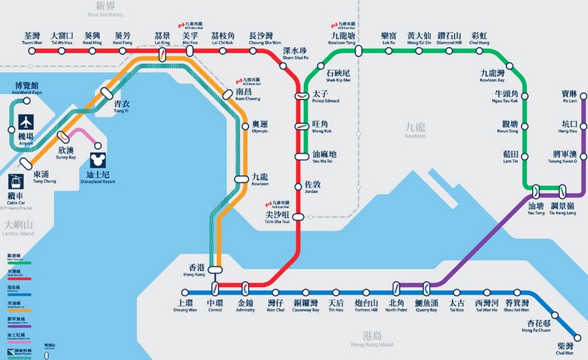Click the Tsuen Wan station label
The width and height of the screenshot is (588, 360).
(32, 38)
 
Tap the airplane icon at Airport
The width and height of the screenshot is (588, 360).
(26, 122)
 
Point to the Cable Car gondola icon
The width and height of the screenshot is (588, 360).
(16, 182)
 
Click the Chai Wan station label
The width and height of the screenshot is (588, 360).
(564, 347)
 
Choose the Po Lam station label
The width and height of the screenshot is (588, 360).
(569, 95)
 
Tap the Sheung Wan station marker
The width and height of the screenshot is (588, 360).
(185, 291)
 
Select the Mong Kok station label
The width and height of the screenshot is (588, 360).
(321, 127)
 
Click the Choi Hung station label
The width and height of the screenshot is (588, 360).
(479, 38)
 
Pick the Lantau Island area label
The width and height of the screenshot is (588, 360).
(18, 227)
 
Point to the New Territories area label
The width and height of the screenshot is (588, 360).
(105, 10)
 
